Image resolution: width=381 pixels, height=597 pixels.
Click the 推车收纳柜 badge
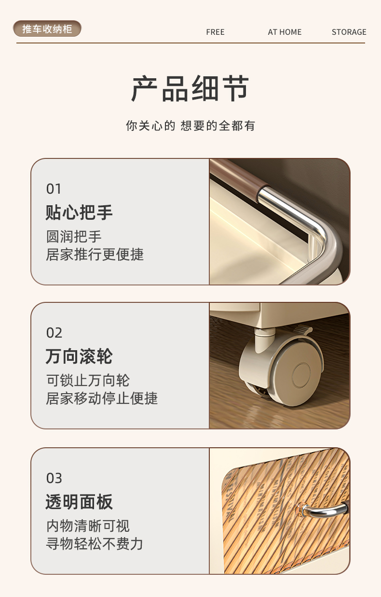47,29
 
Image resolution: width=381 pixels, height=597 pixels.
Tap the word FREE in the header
215,32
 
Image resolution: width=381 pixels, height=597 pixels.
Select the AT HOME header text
285,32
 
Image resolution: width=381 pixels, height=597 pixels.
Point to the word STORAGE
349,32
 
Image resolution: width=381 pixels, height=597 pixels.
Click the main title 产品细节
190,88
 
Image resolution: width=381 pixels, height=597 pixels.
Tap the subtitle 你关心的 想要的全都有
190,126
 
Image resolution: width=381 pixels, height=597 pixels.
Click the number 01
54,189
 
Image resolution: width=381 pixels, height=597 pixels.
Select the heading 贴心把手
79,213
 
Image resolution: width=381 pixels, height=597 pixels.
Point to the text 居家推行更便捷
95,254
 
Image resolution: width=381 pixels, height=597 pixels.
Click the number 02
54,333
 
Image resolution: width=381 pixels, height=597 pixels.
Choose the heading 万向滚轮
79,356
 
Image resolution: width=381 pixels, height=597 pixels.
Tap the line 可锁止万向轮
88,380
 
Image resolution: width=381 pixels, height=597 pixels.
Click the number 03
54,478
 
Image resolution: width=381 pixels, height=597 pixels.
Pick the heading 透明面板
79,502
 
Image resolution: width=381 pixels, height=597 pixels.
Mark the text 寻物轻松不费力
95,544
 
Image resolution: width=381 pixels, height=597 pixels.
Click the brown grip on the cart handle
240,176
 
